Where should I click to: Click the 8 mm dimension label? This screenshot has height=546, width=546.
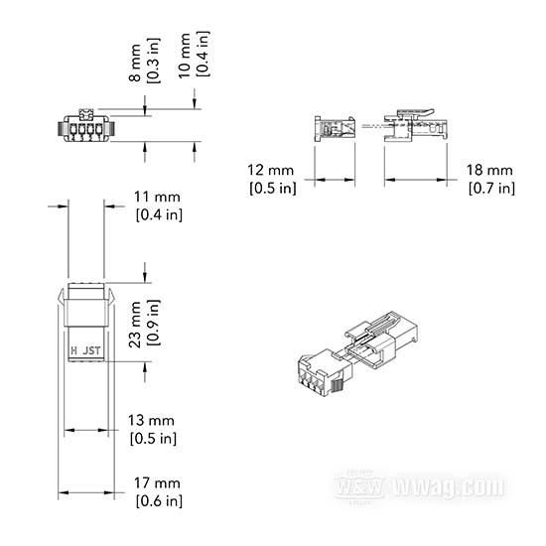tap(134, 63)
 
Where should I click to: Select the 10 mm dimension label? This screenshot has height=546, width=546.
tap(185, 56)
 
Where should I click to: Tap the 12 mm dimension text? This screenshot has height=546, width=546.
tap(271, 171)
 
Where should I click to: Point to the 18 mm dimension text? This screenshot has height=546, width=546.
tap(489, 171)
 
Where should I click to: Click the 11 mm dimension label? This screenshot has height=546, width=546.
tap(157, 198)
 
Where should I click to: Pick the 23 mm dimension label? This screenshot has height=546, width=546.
tap(135, 325)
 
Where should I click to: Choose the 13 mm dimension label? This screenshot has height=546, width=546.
tap(151, 420)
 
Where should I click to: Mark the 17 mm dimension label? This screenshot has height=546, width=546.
tap(157, 483)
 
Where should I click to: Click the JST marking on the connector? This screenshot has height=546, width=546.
tap(91, 350)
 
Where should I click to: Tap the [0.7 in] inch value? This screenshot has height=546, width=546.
tap(491, 189)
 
